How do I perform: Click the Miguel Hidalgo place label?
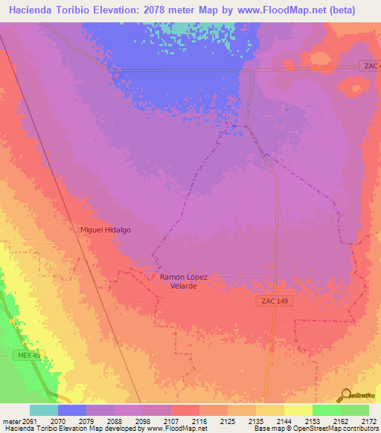coord(106,230)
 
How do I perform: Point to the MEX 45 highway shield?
coord(26,356)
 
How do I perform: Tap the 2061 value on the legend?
coord(28,420)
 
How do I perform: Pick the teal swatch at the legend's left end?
coord(44,410)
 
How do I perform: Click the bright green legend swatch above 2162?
coord(326,410)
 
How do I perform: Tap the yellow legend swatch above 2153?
coord(298,410)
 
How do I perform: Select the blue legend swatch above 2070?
coord(72,410)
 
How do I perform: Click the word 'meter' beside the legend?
coord(10,420)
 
